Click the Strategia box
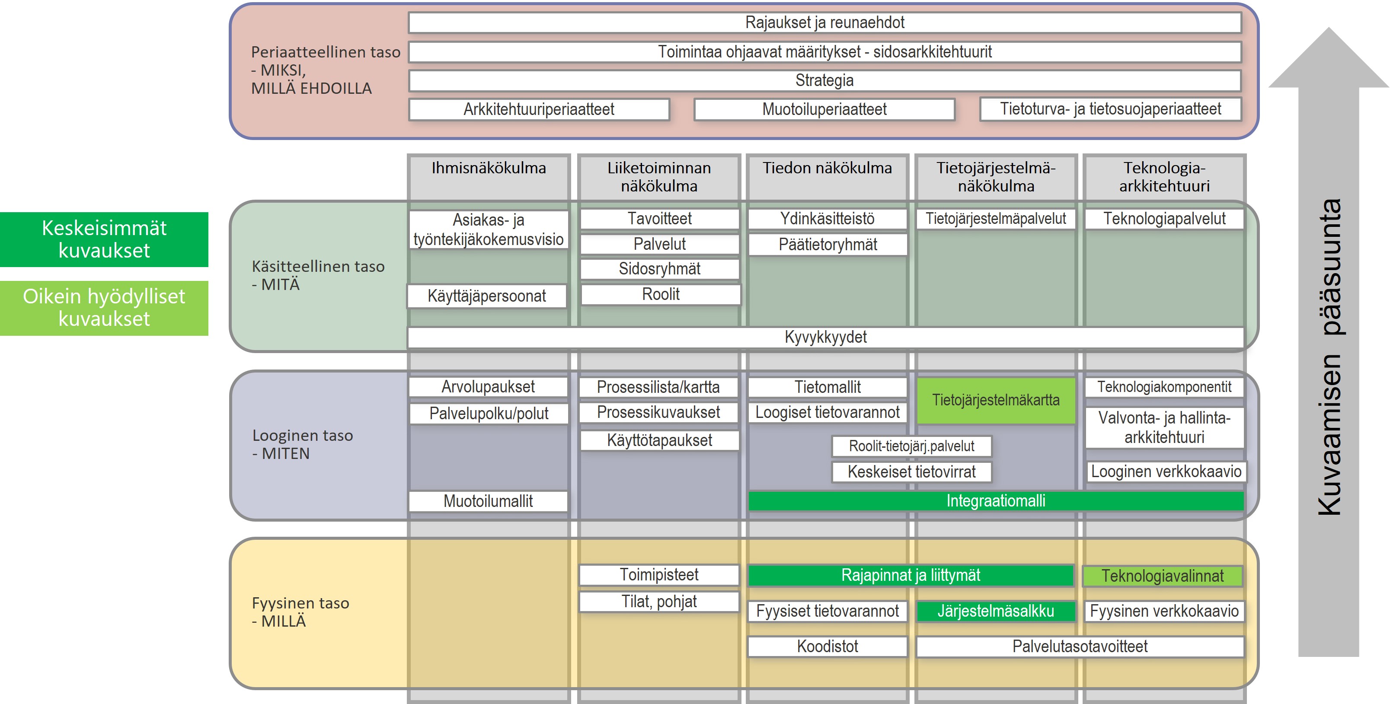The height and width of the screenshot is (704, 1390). click(x=824, y=81)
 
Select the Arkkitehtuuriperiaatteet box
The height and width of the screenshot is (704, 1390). click(x=539, y=109)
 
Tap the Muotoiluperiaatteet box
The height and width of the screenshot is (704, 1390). click(x=824, y=109)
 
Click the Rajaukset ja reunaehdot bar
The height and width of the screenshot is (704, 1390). click(x=824, y=22)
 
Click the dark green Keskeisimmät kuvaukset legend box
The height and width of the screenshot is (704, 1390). click(x=104, y=239)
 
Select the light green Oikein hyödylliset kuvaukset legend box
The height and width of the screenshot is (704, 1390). click(x=104, y=308)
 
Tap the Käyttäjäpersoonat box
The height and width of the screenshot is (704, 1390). click(x=487, y=296)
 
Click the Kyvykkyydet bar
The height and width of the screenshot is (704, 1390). click(x=826, y=337)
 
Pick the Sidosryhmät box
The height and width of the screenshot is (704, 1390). click(x=659, y=269)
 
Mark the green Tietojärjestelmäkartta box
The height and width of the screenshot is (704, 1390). click(x=996, y=400)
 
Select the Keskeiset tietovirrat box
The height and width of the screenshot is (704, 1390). click(x=911, y=472)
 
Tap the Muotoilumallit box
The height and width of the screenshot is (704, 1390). click(x=488, y=501)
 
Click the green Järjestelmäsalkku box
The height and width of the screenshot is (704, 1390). click(x=996, y=611)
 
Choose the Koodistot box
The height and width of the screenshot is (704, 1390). click(x=827, y=646)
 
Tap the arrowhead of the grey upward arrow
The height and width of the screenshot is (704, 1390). click(x=1329, y=59)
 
